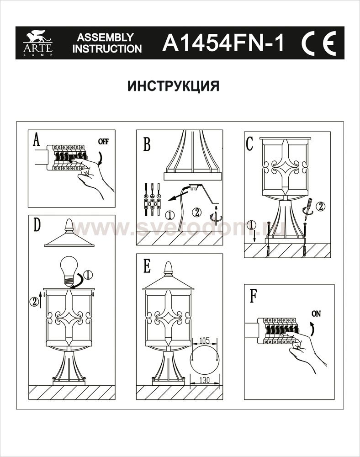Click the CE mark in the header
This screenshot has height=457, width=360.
point(318,43)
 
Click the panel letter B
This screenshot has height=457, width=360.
point(146,143)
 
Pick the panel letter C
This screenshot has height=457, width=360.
point(249,143)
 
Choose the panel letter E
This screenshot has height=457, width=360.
point(147,267)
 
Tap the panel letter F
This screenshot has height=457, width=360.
point(253,296)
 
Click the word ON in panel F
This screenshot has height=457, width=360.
point(316,314)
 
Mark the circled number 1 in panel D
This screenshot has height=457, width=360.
point(88,275)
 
